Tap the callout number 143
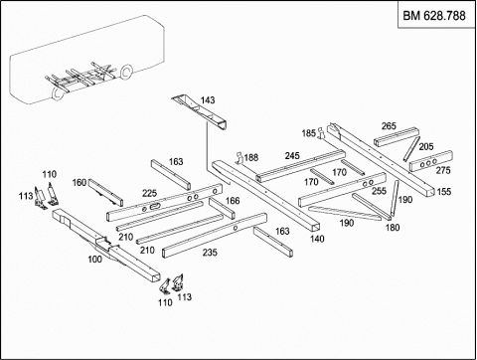coord(208,99)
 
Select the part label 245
coord(292,155)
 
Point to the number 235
coord(210,253)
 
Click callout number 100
coord(94,259)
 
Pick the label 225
coord(150,193)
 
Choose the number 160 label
coord(79,182)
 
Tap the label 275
coord(443,170)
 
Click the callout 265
coord(389,126)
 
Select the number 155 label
coord(444,191)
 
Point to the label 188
coord(251,157)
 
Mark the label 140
coord(317,239)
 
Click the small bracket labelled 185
coord(320,133)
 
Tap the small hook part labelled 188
coord(240,158)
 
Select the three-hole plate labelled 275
coord(431,161)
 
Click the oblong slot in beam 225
coord(155,207)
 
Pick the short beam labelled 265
coord(397,136)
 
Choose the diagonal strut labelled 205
coord(411,149)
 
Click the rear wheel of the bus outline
coord(126,72)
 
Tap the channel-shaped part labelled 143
coord(200,112)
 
